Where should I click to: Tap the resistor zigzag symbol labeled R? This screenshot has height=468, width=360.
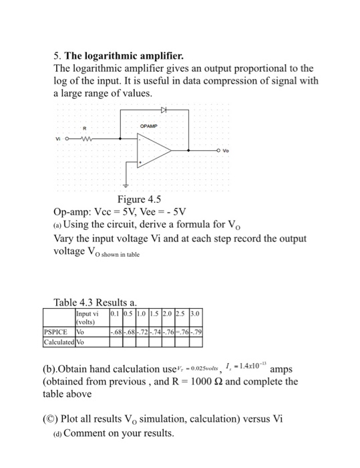point(87,140)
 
